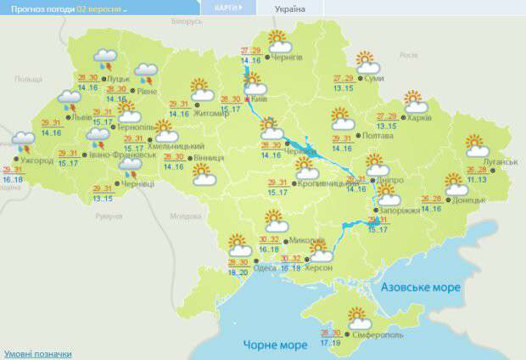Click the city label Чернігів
tap(288, 58)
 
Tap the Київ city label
tap(260, 98)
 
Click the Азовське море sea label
tap(421, 288)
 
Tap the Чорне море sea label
tap(276, 345)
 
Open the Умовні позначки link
tap(37, 353)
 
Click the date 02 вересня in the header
tap(100, 8)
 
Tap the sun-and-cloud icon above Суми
tap(367, 61)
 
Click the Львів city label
tap(84, 117)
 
